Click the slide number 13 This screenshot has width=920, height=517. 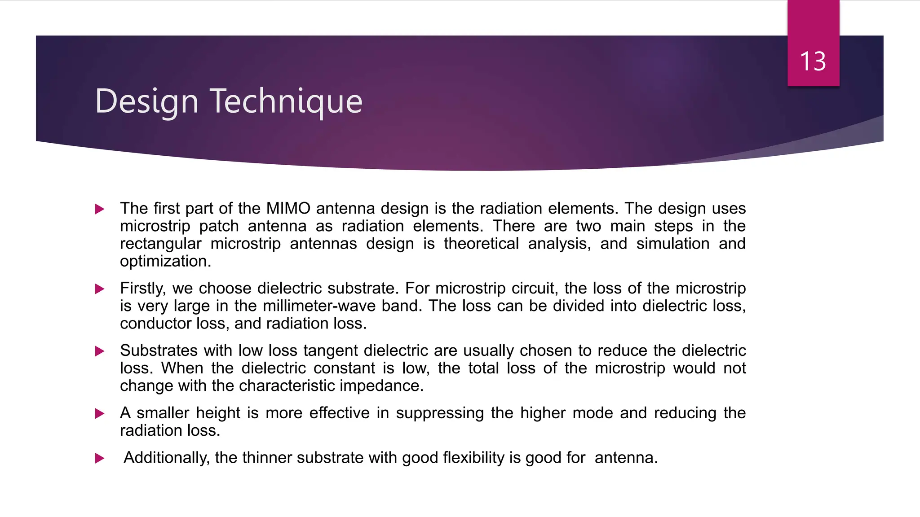pos(813,61)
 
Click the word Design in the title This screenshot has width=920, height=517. pos(146,102)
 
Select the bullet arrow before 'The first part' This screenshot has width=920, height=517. pos(100,209)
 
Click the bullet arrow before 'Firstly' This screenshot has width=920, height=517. pos(100,289)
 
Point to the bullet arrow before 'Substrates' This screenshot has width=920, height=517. pos(100,351)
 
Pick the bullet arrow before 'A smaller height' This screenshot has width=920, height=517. pos(100,414)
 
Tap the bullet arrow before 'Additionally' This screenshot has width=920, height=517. pos(100,459)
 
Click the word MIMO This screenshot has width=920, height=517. pos(288,209)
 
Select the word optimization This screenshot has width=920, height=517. pos(165,262)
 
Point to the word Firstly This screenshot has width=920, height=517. pos(142,289)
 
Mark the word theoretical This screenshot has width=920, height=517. pos(481,244)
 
